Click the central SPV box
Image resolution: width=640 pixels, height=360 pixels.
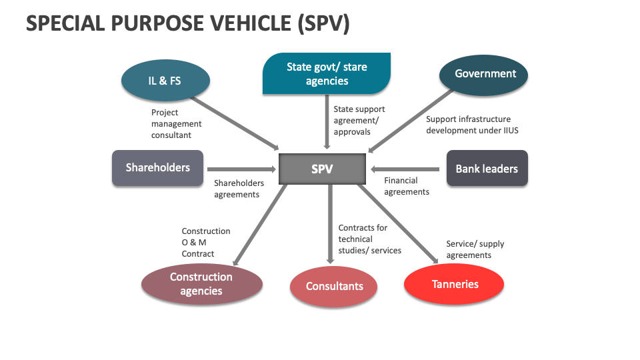pos(322,169)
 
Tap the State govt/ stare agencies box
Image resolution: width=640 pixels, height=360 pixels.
pos(327,74)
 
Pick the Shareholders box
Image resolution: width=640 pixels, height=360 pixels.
pos(157,168)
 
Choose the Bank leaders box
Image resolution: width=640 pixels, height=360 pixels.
pos(487,169)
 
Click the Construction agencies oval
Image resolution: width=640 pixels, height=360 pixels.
pos(201,284)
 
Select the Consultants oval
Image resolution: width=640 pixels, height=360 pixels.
pos(335,287)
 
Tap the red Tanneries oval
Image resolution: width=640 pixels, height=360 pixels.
pos(455,285)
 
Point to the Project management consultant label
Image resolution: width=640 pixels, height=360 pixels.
pos(176,124)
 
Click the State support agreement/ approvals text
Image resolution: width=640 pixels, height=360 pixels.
pos(359,120)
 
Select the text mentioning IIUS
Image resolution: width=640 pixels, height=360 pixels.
pos(472,125)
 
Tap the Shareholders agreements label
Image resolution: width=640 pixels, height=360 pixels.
pos(239,189)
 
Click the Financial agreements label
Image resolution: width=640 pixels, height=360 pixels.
pos(407,186)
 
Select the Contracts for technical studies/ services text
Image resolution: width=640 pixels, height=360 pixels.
pos(369,239)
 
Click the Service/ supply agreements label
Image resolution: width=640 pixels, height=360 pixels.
pos(475,249)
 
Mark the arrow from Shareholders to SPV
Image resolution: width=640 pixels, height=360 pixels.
pos(241,169)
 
